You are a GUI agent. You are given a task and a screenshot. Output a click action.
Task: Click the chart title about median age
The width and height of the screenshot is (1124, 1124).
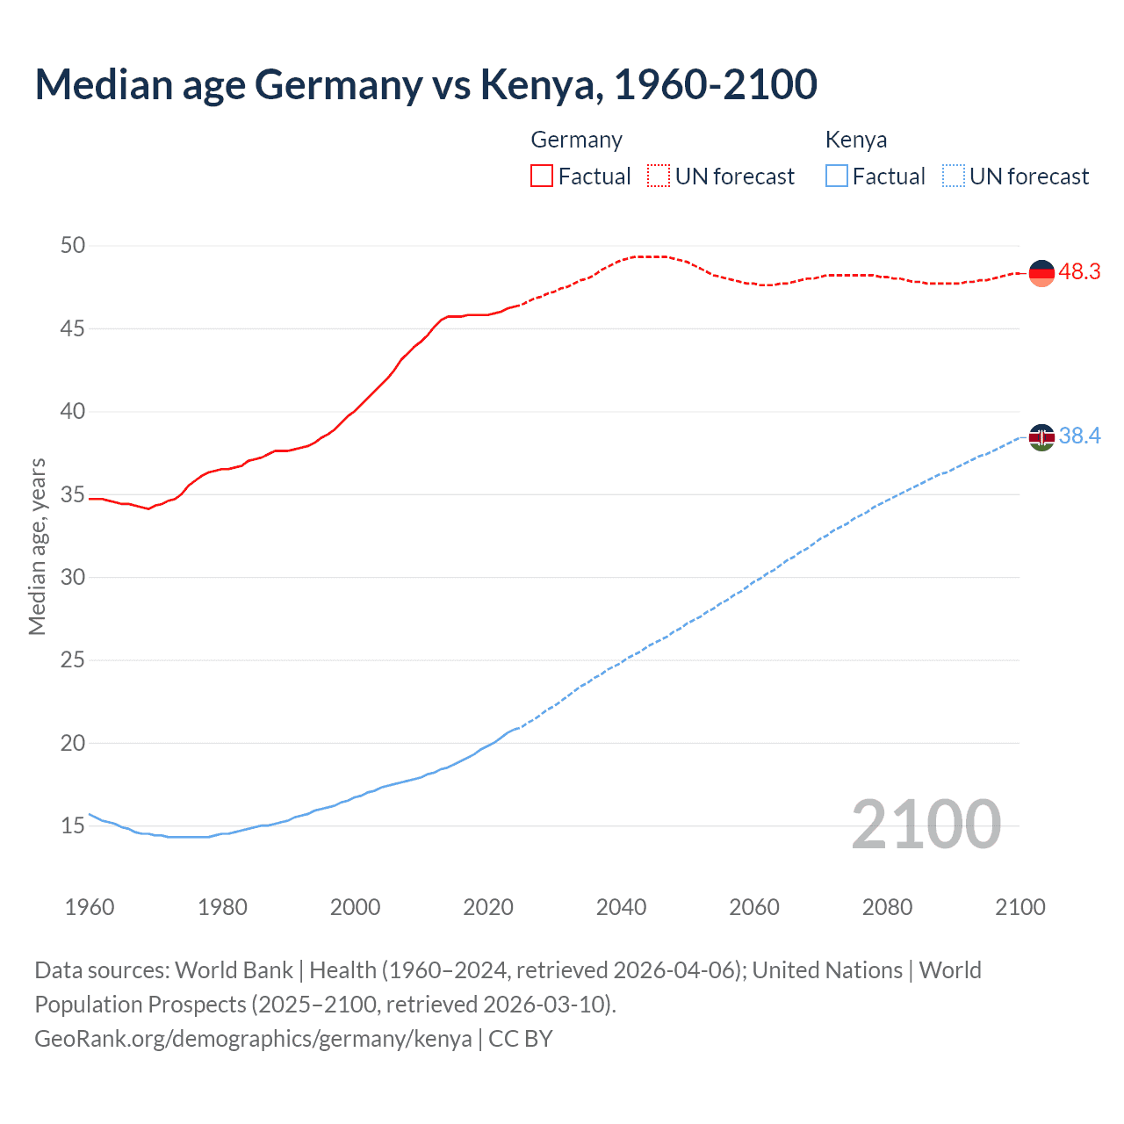pyautogui.click(x=426, y=84)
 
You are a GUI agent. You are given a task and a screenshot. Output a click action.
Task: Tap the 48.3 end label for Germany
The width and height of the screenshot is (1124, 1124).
pyautogui.click(x=1079, y=272)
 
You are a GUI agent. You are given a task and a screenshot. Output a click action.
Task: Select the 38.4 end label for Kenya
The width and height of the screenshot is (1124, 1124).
pyautogui.click(x=1079, y=436)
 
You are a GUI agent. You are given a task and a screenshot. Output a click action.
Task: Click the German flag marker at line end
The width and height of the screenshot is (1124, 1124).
pyautogui.click(x=1041, y=273)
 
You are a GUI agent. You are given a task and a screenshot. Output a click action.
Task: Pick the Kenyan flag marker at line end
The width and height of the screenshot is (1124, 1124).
pyautogui.click(x=1041, y=436)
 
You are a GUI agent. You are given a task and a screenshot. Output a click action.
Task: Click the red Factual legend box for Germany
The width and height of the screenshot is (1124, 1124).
pyautogui.click(x=542, y=177)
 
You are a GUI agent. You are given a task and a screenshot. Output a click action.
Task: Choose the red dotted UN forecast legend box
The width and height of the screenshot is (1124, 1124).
pyautogui.click(x=659, y=177)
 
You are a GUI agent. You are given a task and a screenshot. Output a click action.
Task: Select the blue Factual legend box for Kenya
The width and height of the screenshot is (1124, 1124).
pyautogui.click(x=837, y=177)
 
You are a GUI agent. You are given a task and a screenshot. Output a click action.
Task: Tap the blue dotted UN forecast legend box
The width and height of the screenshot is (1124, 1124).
pyautogui.click(x=953, y=177)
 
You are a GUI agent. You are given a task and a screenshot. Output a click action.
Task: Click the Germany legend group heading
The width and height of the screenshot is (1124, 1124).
pyautogui.click(x=576, y=140)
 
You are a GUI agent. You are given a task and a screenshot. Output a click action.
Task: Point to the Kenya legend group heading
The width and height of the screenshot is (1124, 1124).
pyautogui.click(x=855, y=140)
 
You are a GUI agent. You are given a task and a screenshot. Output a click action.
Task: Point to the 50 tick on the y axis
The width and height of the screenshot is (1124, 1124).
pyautogui.click(x=73, y=245)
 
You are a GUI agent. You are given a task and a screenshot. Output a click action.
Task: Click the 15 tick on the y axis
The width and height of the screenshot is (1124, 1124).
pyautogui.click(x=73, y=825)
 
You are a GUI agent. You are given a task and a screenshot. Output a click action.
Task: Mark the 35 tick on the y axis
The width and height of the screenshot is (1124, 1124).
pyautogui.click(x=73, y=494)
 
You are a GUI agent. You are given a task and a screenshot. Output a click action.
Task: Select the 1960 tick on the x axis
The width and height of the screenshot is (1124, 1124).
pyautogui.click(x=90, y=907)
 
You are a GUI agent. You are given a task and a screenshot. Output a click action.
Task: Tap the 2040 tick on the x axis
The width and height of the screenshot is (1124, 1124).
pyautogui.click(x=621, y=907)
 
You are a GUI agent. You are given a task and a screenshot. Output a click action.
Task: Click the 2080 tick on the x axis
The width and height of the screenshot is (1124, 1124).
pyautogui.click(x=887, y=907)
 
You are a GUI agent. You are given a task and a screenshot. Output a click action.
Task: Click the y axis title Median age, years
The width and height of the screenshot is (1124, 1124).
pyautogui.click(x=37, y=546)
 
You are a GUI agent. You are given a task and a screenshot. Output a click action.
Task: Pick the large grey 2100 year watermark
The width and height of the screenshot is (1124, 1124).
pyautogui.click(x=926, y=824)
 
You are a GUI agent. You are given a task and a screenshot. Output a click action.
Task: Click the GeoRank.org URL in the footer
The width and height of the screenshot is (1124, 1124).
pyautogui.click(x=253, y=1039)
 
